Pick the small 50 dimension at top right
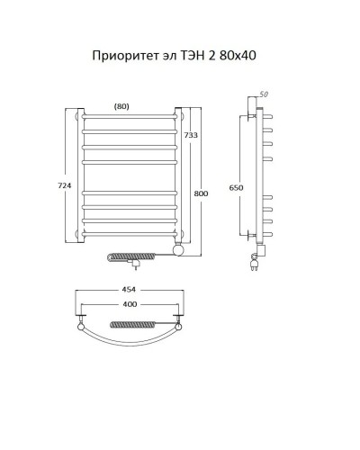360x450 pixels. click(x=264, y=94)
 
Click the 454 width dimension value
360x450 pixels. click(x=130, y=291)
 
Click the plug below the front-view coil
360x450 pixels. click(x=136, y=266)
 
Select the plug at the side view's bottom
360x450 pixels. click(x=255, y=264)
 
